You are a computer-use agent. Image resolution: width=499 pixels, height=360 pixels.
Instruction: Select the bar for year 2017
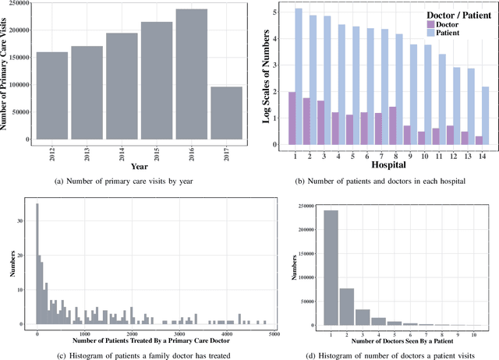point(226,113)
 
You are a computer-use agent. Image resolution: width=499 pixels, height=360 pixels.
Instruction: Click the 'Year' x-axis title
point(140,166)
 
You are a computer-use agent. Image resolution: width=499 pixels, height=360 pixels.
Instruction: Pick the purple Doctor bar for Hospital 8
point(393,125)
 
